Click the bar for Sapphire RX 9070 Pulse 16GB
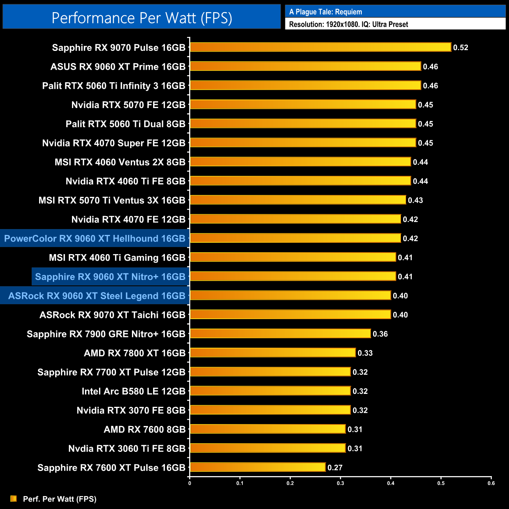click(320, 47)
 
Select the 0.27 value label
click(335, 467)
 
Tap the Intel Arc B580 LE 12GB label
click(133, 391)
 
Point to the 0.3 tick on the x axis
click(340, 483)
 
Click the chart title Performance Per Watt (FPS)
click(142, 18)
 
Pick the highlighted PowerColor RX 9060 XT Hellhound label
click(95, 238)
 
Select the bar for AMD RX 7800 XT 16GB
click(273, 353)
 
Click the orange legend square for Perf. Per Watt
click(14, 498)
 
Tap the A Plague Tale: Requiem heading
click(325, 12)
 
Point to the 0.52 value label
click(460, 47)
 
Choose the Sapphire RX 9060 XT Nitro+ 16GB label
click(110, 277)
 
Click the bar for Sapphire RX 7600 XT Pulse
click(257, 467)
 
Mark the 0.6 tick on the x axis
click(491, 483)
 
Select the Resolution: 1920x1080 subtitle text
click(348, 24)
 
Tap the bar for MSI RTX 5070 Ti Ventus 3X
click(298, 200)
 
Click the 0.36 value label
click(380, 334)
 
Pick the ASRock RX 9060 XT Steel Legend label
click(97, 296)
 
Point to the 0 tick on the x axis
click(190, 483)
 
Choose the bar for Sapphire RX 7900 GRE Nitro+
click(280, 334)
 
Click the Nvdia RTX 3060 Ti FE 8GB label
click(126, 449)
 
